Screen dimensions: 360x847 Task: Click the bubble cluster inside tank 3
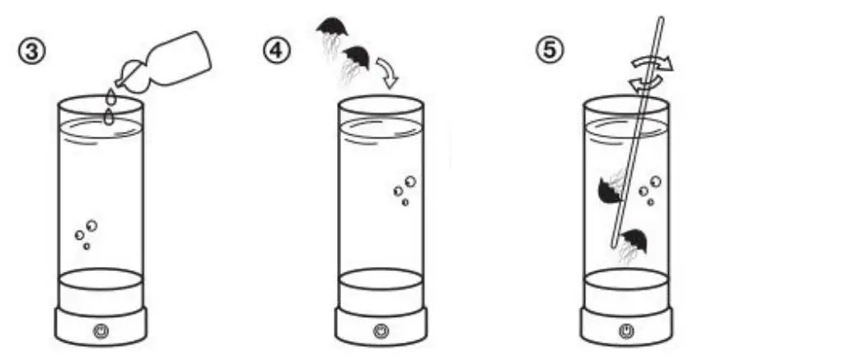coord(86,233)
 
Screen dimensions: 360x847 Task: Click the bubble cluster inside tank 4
coord(405,189)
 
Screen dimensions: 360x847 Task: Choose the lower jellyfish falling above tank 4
coord(356,58)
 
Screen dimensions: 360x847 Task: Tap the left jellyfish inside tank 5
coord(609,190)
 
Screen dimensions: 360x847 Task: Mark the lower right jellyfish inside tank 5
coord(634,242)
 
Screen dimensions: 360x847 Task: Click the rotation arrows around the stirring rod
coord(651,71)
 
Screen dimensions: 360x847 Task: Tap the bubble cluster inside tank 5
coord(650,190)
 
